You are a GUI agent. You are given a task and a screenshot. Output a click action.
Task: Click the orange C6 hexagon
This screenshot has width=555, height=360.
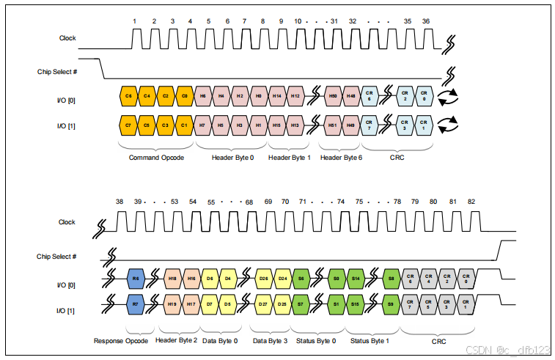pos(128,95)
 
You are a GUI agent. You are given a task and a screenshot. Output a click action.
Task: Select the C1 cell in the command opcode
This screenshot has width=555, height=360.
pos(184,125)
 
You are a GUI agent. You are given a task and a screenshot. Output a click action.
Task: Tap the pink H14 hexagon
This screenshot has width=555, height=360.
pos(276,95)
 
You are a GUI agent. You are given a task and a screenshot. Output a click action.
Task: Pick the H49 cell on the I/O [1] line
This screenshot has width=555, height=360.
pos(350,125)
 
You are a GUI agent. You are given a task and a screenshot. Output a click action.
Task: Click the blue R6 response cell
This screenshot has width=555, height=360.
pos(134,279)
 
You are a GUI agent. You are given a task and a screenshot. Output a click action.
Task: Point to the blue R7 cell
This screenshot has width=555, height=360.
pos(134,303)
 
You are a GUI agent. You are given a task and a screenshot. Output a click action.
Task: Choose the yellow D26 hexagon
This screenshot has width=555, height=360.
pos(262,279)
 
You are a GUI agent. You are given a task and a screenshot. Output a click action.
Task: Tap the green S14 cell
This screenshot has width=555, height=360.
pos(356,279)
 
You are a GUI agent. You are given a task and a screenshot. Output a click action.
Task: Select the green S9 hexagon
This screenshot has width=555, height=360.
pos(392,303)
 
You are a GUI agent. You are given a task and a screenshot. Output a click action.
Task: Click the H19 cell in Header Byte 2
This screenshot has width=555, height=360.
pos(172,303)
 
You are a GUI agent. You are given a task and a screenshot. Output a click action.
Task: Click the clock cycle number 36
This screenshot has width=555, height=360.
pos(426,21)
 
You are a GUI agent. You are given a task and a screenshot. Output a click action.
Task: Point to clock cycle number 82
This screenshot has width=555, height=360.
pos(471,201)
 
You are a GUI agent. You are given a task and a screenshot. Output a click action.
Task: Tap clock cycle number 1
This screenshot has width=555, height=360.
pos(134,21)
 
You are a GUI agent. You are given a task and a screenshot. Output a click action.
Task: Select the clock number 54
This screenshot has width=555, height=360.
pos(193,201)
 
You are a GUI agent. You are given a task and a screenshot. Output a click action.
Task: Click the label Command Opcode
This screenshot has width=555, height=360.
pos(155,158)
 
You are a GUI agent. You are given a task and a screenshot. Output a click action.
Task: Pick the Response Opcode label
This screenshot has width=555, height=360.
pos(121,340)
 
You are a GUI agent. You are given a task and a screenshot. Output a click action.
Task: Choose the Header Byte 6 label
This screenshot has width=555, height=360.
pos(341,158)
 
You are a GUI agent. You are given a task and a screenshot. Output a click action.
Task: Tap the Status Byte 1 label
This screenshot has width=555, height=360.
pos(370,340)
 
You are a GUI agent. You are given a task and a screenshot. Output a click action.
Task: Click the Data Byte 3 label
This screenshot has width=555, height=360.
pos(269,340)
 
